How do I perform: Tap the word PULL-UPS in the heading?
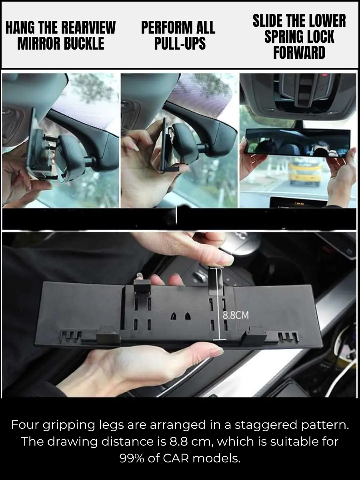click(180, 43)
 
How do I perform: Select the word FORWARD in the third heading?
click(299, 52)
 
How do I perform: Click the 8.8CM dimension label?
click(235, 315)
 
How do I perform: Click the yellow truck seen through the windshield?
click(305, 171)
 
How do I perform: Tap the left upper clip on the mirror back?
click(142, 287)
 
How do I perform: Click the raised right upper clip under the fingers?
click(216, 276)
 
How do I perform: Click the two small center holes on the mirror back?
click(180, 316)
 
